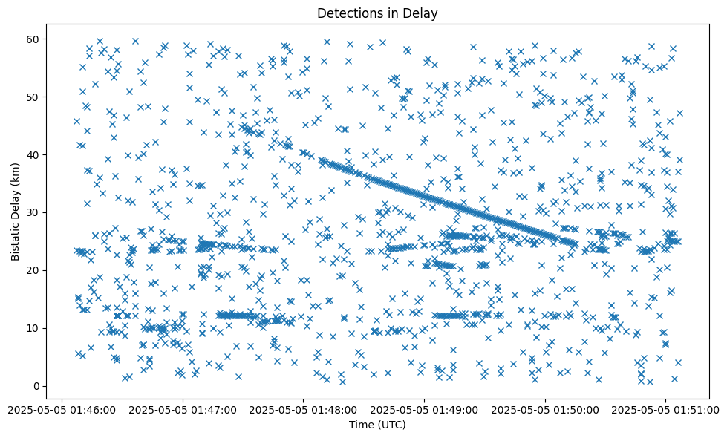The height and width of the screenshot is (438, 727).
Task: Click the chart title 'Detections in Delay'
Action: pyautogui.click(x=377, y=13)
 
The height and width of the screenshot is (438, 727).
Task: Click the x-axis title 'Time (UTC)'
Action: pyautogui.click(x=377, y=425)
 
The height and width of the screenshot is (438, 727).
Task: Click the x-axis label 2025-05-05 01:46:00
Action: pyautogui.click(x=62, y=409)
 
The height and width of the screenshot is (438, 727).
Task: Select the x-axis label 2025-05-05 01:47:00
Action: pyautogui.click(x=183, y=409)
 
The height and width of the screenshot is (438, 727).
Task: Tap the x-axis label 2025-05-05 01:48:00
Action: pyautogui.click(x=304, y=409)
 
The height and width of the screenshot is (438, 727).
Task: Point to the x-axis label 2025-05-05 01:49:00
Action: pyautogui.click(x=425, y=409)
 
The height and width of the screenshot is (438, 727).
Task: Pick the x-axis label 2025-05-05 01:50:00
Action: pyautogui.click(x=545, y=409)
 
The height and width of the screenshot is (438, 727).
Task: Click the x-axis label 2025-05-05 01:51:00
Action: pyautogui.click(x=666, y=409)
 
